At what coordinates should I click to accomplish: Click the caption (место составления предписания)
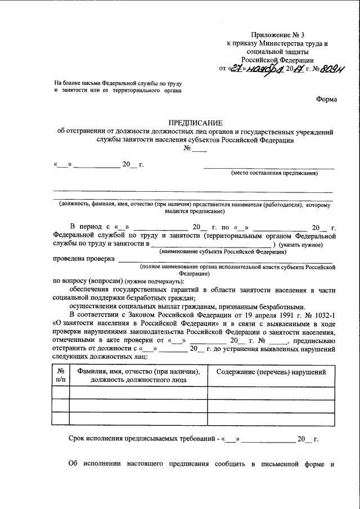pos(274,173)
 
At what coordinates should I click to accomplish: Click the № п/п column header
pos(60,376)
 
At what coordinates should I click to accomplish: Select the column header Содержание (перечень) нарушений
pos(271,372)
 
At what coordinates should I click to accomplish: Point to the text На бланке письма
pos(82,83)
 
